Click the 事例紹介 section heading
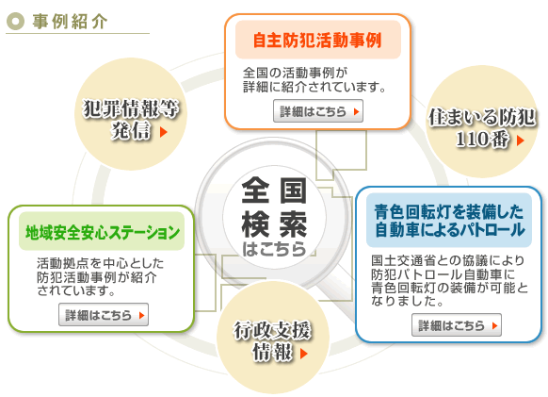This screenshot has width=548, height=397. pos(70,22)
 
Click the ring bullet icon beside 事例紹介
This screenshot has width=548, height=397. pos(15,22)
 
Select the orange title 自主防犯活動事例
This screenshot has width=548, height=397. pos(317,41)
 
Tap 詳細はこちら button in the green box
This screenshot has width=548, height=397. pos(104,315)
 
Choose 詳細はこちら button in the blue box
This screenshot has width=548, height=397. pos(457,325)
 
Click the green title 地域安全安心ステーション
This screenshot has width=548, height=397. pos(102,232)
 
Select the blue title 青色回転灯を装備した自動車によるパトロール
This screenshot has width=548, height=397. pos(449,221)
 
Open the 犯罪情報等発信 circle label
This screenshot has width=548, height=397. pos(130,119)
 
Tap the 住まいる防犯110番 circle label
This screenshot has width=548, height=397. pos(481,127)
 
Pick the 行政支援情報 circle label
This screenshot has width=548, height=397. pos(272,341)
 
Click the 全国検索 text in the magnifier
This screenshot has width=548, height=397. pos(274,207)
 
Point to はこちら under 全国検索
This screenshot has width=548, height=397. pos(274,249)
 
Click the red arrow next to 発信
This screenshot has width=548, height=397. pos(164,132)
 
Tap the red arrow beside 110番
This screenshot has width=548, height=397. pos(521,141)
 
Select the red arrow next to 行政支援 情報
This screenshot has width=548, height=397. pos(304,354)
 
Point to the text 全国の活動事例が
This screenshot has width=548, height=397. pos(296,73)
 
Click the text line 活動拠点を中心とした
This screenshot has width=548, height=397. pos(101,263)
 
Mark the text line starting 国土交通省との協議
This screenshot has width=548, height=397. pos(448,260)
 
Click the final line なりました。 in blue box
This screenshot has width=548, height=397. pos(408,301)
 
